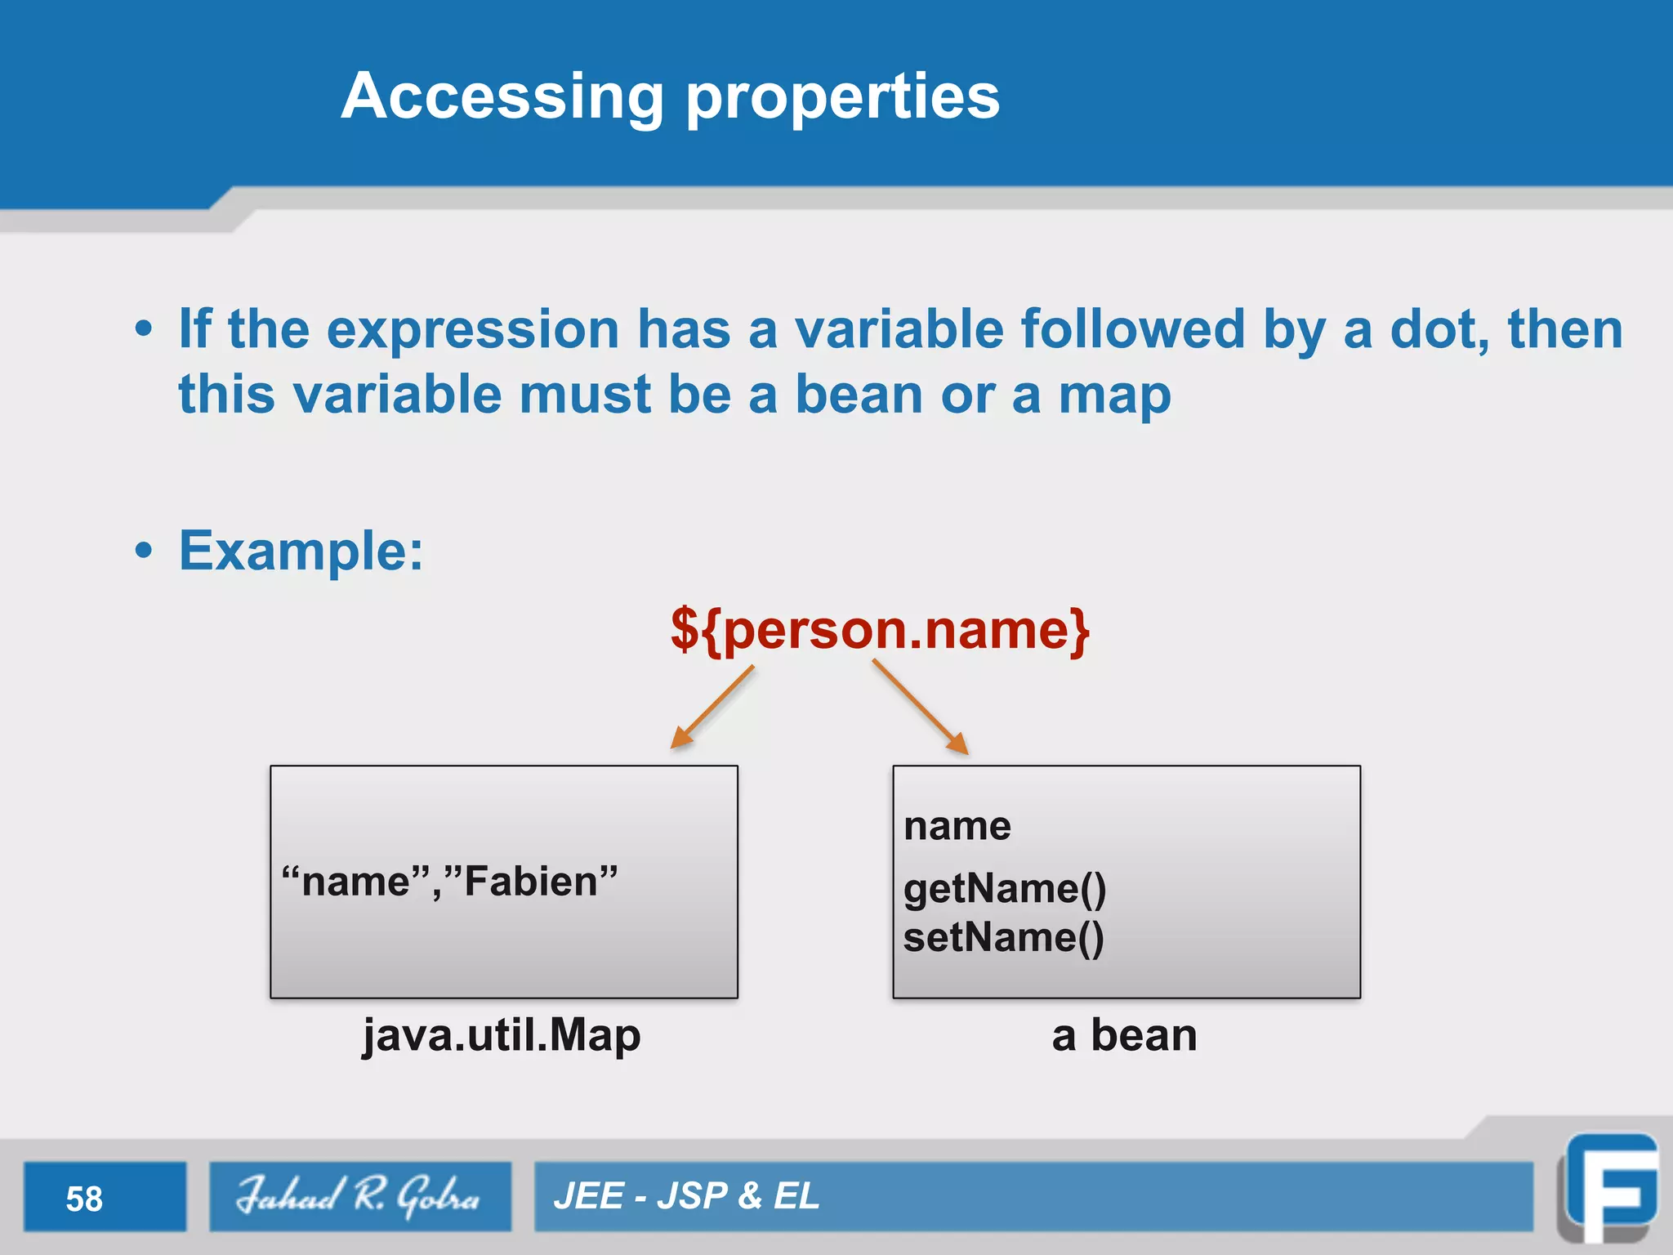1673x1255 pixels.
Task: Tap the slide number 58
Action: (x=84, y=1199)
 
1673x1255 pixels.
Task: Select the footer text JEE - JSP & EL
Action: (x=686, y=1196)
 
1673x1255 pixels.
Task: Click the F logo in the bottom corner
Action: (x=1609, y=1189)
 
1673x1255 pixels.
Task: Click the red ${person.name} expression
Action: (x=879, y=630)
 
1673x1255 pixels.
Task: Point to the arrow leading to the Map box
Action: (x=712, y=708)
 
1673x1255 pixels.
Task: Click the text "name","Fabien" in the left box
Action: (x=449, y=882)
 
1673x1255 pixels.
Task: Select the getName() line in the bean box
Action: (x=1004, y=888)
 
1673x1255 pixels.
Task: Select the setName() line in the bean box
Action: (x=1003, y=937)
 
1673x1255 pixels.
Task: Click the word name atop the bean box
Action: (x=957, y=826)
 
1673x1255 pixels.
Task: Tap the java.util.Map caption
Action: (x=502, y=1036)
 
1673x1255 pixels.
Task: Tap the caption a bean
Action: (x=1124, y=1035)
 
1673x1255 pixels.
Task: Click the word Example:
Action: (x=301, y=551)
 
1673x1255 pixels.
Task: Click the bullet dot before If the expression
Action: (x=144, y=329)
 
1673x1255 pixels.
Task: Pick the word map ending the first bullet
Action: (x=1114, y=395)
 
